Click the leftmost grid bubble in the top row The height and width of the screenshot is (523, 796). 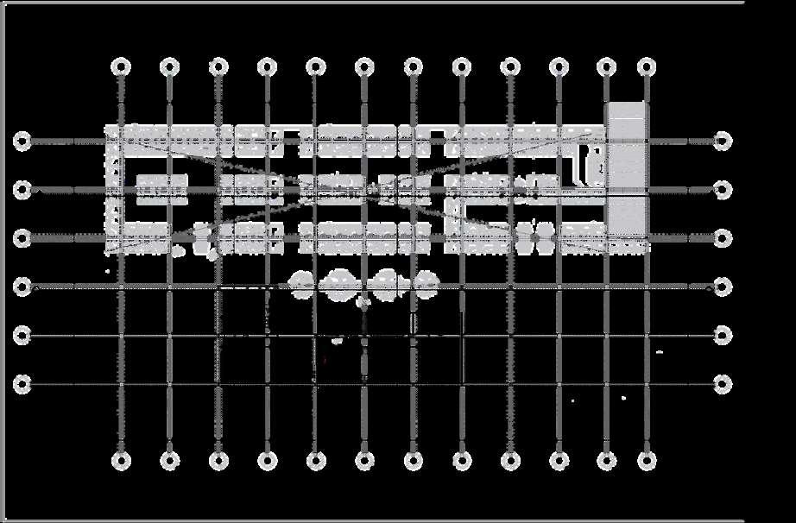pos(121,66)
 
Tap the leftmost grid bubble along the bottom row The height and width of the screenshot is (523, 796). pos(121,459)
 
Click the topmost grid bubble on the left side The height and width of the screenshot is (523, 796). pos(22,141)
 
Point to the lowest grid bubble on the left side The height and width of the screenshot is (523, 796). pos(22,383)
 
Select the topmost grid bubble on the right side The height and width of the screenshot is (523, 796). pos(723,141)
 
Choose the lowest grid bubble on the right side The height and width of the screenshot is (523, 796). pos(723,383)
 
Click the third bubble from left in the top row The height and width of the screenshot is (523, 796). pos(218,66)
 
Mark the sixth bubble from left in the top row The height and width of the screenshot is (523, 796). pos(364,66)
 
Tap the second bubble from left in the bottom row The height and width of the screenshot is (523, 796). pos(170,459)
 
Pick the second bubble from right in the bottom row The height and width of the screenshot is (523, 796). pos(607,459)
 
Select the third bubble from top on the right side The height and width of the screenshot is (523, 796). pos(723,237)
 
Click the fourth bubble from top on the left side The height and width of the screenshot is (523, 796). pos(22,287)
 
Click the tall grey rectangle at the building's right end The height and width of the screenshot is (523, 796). pos(626,168)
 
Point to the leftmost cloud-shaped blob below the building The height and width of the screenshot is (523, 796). pos(302,283)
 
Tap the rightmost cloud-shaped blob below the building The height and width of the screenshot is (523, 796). pos(423,281)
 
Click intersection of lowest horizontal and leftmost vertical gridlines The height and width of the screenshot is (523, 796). pos(121,383)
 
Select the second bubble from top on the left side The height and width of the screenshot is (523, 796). pos(22,189)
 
